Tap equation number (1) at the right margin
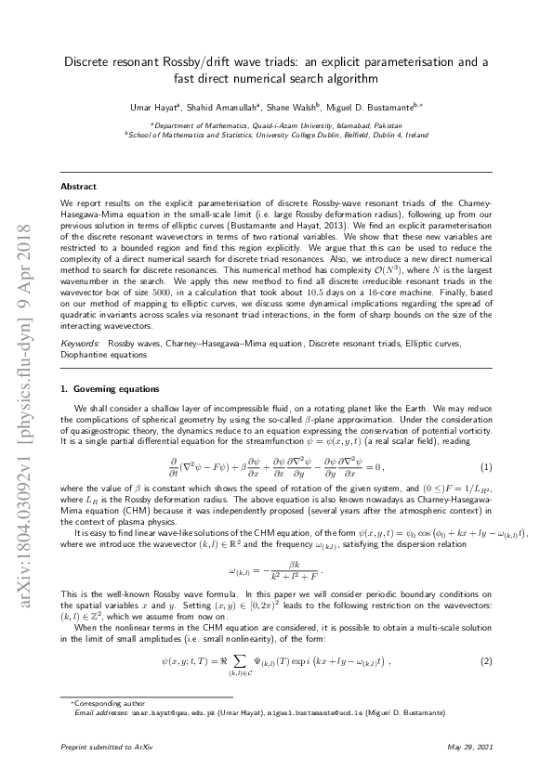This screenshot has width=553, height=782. pyautogui.click(x=486, y=465)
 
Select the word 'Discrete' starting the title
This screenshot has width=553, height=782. pyautogui.click(x=87, y=61)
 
